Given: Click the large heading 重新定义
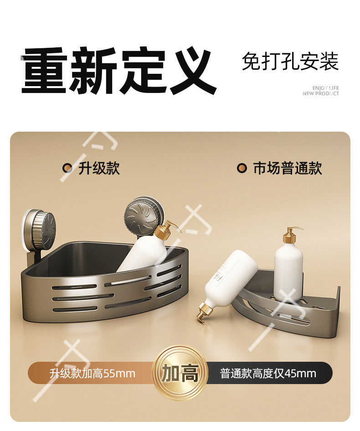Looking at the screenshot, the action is (x=119, y=71).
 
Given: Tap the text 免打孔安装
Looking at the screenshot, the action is (x=290, y=62).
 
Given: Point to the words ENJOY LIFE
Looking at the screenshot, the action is (x=326, y=88).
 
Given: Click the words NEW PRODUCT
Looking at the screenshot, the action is (x=321, y=93).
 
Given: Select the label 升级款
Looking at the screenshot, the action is (x=99, y=168).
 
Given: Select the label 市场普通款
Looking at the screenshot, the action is (x=288, y=168).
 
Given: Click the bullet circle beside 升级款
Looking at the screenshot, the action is (x=67, y=168).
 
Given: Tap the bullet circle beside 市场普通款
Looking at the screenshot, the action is (x=242, y=168).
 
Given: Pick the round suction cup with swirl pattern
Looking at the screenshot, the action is (x=144, y=216).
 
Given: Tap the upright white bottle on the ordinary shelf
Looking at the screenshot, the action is (x=288, y=265).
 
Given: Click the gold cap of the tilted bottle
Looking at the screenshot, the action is (x=204, y=311).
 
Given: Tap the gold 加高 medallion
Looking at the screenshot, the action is (x=180, y=373).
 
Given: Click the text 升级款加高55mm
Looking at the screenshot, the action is (x=93, y=374).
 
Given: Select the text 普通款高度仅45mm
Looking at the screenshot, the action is (x=268, y=374).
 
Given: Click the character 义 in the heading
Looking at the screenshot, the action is (x=193, y=71).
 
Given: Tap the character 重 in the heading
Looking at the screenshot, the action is (x=44, y=71).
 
